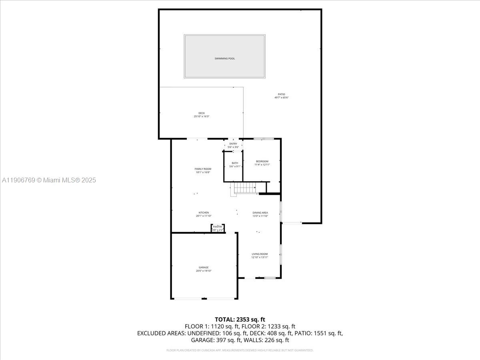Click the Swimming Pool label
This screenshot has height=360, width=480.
[x=224, y=58]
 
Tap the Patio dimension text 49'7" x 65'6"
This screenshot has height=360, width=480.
[x=282, y=98]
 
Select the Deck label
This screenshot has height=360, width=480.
[x=202, y=113]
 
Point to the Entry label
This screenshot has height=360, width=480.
[x=233, y=144]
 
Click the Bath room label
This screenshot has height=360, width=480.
[x=235, y=163]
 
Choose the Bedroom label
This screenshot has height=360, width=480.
[x=262, y=161]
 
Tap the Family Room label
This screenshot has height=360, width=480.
[x=203, y=169]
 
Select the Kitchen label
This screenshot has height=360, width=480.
[x=204, y=212]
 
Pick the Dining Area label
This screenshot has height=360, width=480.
[x=260, y=212]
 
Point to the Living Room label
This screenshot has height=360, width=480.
[x=260, y=254]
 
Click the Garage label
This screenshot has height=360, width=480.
[x=204, y=267]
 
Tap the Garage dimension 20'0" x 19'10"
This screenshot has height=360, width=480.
[x=204, y=271]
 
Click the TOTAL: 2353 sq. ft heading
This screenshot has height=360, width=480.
[x=240, y=319]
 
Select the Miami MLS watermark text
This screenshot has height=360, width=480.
[x=49, y=180]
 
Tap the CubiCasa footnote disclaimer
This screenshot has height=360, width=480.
[x=240, y=350]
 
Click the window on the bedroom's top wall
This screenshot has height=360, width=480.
[x=264, y=139]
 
